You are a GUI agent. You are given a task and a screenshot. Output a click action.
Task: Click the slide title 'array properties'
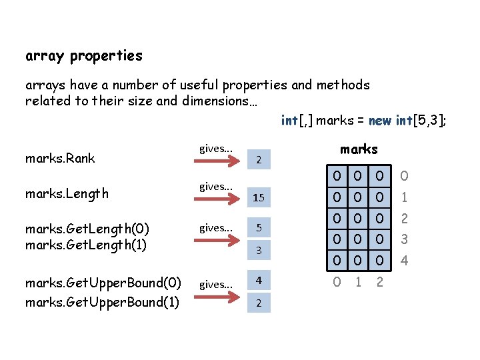coord(84,56)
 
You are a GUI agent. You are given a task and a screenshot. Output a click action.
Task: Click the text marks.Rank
coord(60,158)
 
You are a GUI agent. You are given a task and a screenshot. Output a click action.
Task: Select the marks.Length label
coord(67,193)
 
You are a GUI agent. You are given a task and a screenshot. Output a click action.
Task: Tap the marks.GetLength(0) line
coord(87,229)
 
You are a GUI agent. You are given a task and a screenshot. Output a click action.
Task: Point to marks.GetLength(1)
coord(87,244)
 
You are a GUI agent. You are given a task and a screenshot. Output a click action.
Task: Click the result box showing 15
coord(258,198)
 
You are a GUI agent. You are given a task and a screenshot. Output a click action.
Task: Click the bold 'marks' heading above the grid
coord(359,149)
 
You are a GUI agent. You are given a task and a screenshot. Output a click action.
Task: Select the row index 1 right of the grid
coord(403,198)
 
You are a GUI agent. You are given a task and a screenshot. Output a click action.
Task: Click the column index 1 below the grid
coord(359,282)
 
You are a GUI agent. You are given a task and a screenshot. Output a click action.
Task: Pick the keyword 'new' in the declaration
coord(380,121)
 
